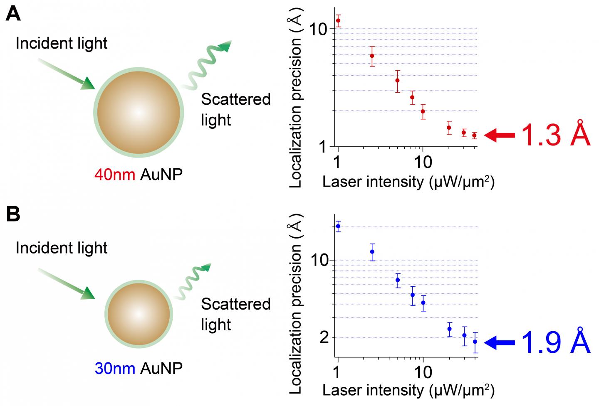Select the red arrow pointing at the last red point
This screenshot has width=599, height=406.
pyautogui.click(x=499, y=135)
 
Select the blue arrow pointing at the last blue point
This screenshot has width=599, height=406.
pyautogui.click(x=499, y=342)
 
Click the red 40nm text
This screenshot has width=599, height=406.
pyautogui.click(x=115, y=174)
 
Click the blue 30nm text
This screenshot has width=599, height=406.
pyautogui.click(x=115, y=368)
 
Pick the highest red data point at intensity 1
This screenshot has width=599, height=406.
pyautogui.click(x=338, y=20)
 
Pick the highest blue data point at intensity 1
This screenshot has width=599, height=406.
pyautogui.click(x=338, y=226)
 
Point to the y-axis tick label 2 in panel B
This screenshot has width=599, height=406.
pyautogui.click(x=324, y=337)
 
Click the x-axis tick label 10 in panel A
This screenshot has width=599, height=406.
pyautogui.click(x=423, y=162)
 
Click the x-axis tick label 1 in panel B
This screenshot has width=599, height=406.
pyautogui.click(x=337, y=372)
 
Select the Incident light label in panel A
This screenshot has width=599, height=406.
pyautogui.click(x=62, y=43)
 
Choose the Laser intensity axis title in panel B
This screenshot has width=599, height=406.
pyautogui.click(x=408, y=390)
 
